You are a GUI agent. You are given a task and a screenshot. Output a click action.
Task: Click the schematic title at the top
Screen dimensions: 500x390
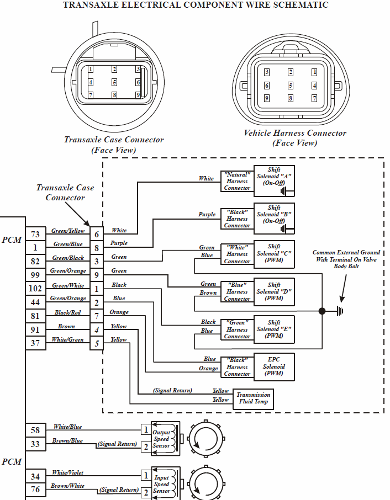(196, 5)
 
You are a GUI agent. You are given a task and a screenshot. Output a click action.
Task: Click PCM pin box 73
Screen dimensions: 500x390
(35, 235)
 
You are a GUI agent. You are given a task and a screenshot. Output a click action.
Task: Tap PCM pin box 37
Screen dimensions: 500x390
(35, 343)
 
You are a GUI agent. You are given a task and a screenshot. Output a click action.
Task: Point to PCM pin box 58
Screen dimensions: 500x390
(35, 430)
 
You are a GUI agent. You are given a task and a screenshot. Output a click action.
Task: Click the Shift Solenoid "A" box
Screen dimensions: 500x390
(274, 180)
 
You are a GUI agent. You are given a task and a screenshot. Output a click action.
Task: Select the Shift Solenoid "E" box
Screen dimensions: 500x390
(274, 329)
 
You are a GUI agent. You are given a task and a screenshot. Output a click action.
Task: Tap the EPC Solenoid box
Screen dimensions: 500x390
(274, 366)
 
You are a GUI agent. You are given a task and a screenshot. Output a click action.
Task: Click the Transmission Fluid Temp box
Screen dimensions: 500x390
(253, 398)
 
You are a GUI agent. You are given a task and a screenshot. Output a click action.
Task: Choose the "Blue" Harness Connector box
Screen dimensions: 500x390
(237, 292)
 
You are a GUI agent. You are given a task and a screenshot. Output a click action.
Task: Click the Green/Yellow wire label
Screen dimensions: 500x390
(68, 231)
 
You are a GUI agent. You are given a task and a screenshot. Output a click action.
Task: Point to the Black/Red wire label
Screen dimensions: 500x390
(67, 312)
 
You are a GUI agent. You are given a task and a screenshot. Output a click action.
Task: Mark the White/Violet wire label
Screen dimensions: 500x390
(68, 472)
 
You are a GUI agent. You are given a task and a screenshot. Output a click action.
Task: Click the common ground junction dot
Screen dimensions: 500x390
(322, 311)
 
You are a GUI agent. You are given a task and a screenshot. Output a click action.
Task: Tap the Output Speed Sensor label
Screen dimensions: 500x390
(161, 439)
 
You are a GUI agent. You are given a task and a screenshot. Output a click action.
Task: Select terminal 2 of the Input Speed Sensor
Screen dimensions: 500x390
(145, 492)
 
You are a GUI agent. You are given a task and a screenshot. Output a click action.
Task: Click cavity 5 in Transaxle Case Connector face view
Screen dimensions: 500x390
(114, 82)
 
